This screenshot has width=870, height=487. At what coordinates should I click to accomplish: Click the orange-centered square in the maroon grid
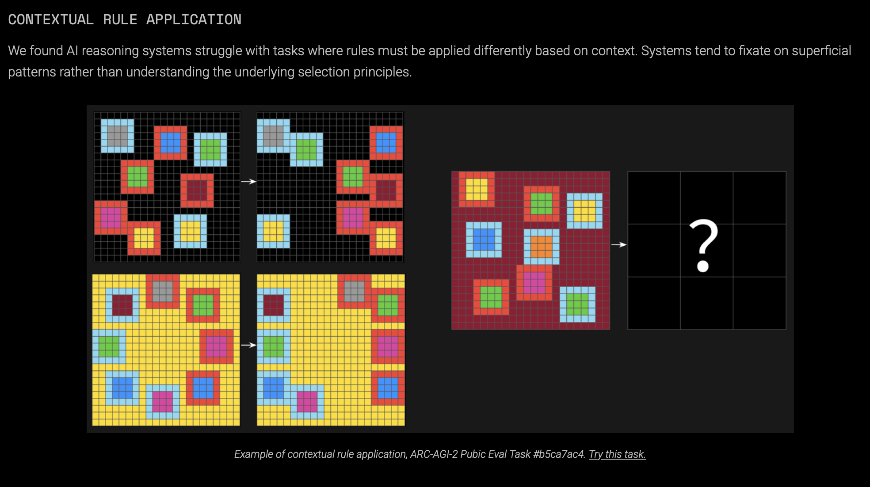pyautogui.click(x=541, y=247)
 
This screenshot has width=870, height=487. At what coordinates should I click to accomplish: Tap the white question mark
pyautogui.click(x=703, y=245)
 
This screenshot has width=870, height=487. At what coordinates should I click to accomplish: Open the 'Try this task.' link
pyautogui.click(x=617, y=454)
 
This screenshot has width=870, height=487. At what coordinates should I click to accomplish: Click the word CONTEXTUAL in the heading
pyautogui.click(x=51, y=19)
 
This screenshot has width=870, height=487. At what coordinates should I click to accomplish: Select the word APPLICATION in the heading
pyautogui.click(x=194, y=19)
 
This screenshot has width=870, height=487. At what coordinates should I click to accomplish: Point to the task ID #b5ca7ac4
pyautogui.click(x=559, y=454)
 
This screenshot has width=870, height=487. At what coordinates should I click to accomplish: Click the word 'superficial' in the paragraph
pyautogui.click(x=821, y=51)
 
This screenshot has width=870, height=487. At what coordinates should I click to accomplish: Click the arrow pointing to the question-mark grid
pyautogui.click(x=618, y=244)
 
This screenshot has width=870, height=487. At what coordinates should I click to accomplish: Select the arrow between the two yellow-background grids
pyautogui.click(x=248, y=345)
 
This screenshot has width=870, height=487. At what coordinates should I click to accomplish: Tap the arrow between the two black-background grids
pyautogui.click(x=248, y=181)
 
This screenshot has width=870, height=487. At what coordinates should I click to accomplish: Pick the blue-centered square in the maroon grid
pyautogui.click(x=484, y=240)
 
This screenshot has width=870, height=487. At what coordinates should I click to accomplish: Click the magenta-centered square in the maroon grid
pyautogui.click(x=534, y=283)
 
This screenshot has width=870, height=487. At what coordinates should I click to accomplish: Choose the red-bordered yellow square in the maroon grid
pyautogui.click(x=477, y=189)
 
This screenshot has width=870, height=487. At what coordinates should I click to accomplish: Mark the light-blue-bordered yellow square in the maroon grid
pyautogui.click(x=584, y=211)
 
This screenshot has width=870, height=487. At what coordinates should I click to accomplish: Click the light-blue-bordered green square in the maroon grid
pyautogui.click(x=577, y=304)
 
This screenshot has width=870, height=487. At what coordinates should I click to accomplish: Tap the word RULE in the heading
pyautogui.click(x=120, y=19)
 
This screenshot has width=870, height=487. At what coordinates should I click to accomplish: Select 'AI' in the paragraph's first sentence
pyautogui.click(x=72, y=51)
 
